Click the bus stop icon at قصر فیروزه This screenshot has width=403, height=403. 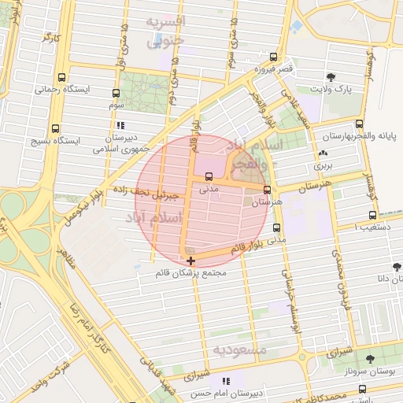point(273,57)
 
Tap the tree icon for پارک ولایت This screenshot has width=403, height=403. point(331,76)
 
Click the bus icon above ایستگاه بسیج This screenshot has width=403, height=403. point(54,128)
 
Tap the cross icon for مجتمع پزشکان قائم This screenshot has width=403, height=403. point(190,261)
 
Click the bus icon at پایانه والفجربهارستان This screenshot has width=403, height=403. point(359,124)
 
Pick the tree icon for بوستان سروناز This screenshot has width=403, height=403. point(370,358)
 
